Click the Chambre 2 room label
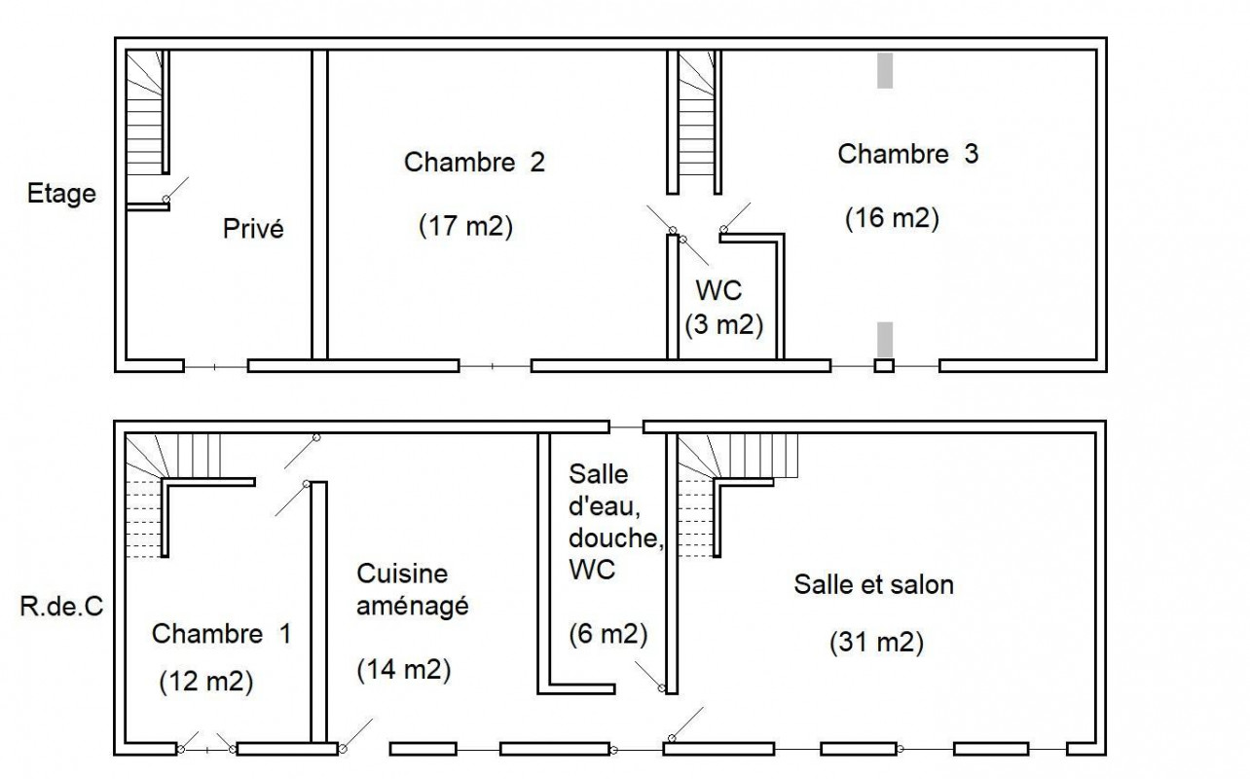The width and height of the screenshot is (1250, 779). [474, 163]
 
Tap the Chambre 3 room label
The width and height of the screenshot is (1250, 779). [908, 154]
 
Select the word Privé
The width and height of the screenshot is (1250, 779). [253, 228]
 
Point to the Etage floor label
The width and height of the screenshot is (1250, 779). [62, 194]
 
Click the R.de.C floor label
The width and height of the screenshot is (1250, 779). [62, 607]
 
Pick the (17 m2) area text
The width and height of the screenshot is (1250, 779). [466, 226]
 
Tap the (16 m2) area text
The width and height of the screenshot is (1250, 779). [893, 217]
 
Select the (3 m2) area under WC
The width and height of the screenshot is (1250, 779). [723, 325]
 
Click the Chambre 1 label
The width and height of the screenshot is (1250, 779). [222, 634]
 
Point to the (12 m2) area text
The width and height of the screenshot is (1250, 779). [206, 682]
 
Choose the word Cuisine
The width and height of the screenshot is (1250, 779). [402, 574]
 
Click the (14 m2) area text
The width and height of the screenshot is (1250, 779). [404, 670]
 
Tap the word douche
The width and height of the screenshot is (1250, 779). [616, 538]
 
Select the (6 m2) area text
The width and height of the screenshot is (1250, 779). [608, 635]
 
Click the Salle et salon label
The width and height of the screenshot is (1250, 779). [874, 585]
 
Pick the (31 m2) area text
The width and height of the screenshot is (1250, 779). [877, 643]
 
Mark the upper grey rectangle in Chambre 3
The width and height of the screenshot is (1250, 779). [885, 70]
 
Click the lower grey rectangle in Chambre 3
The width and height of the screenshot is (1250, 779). [885, 339]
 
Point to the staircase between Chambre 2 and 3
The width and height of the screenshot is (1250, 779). [696, 122]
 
